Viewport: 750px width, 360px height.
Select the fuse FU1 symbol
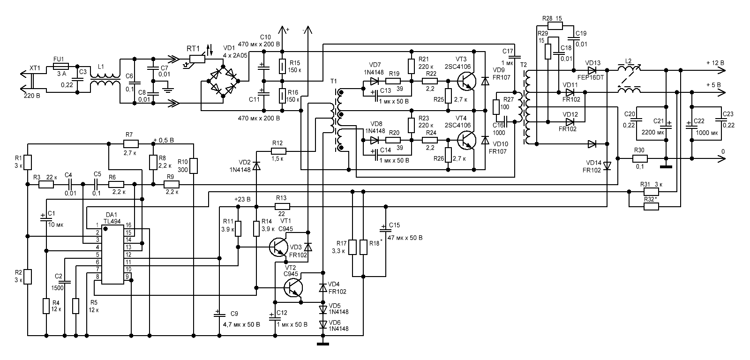pos(61,67)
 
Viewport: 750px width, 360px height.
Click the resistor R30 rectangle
pos(639,158)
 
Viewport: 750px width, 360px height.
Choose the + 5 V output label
pos(714,85)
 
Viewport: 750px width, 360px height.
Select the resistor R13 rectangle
pos(282,206)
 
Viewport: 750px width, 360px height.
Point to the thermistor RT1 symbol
pos(196,58)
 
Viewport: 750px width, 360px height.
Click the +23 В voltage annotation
pos(243,199)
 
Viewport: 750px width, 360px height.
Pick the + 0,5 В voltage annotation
pos(164,140)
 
